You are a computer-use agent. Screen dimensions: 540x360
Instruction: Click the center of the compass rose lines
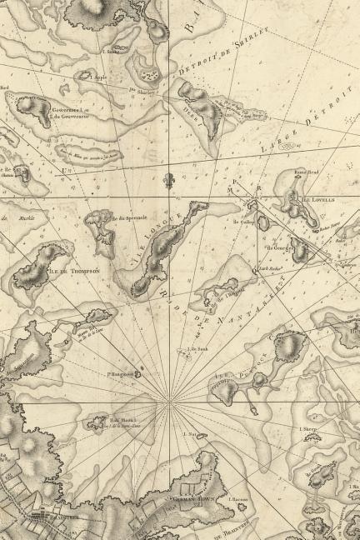tap(171, 402)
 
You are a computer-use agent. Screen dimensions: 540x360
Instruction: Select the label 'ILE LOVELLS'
tap(317, 201)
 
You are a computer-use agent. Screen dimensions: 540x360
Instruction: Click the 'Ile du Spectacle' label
tap(123, 218)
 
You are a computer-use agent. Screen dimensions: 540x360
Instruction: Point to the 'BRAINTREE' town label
tap(49, 515)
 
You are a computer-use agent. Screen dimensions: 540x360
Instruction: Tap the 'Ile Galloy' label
tap(242, 222)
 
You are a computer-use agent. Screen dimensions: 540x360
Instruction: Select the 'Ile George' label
tap(277, 247)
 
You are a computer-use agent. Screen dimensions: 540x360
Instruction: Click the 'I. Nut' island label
tap(187, 434)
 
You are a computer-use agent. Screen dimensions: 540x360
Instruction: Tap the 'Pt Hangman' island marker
tap(120, 374)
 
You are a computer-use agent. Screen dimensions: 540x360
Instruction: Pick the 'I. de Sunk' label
tap(197, 349)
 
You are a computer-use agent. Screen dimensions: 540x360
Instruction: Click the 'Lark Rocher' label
tap(268, 269)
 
